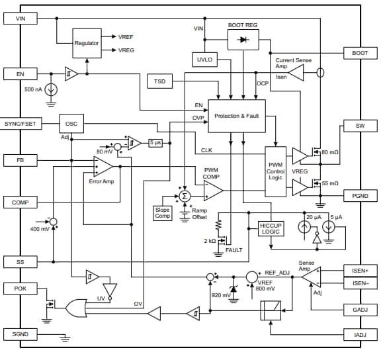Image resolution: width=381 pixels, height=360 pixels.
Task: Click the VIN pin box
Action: (21, 19)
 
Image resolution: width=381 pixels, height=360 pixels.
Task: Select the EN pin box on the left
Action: (21, 74)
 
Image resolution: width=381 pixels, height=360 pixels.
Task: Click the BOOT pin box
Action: (360, 52)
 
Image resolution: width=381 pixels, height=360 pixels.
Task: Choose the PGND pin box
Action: (360, 196)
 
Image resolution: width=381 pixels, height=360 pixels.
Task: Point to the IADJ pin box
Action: (360, 335)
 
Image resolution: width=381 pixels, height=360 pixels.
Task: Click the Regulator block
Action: (86, 43)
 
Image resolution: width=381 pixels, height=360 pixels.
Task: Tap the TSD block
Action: (159, 81)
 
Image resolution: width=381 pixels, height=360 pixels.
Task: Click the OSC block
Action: (71, 124)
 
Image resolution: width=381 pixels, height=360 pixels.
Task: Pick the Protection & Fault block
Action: (236, 116)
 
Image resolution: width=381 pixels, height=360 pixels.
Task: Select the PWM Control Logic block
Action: (275, 171)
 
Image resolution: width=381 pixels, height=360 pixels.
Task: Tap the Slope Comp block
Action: (162, 212)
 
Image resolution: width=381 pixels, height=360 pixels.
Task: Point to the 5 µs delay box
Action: (155, 142)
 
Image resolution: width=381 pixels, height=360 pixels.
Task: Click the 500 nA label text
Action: (33, 89)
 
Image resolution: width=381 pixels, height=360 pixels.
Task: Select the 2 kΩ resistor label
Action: (211, 241)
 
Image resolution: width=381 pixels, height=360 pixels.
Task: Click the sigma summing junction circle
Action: (185, 196)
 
